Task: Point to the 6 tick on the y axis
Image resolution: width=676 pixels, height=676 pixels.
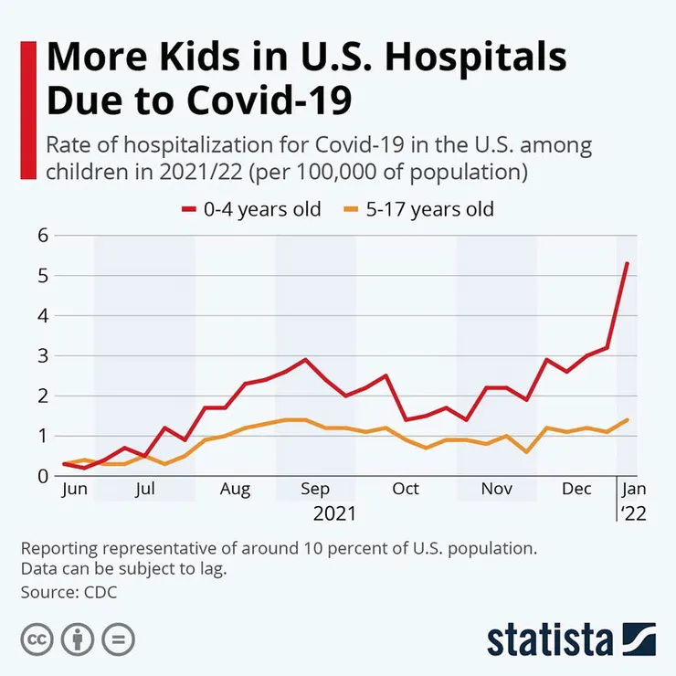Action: (x=41, y=235)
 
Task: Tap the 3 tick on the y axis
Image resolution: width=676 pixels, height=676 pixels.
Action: (x=41, y=355)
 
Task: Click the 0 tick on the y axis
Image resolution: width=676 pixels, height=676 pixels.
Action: (x=41, y=476)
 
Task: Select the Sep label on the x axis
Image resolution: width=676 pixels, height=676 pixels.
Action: (x=315, y=489)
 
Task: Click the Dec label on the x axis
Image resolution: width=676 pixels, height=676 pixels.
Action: (x=576, y=489)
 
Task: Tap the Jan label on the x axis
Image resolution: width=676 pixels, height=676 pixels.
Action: (x=633, y=489)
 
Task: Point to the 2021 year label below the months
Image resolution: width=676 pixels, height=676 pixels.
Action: (x=335, y=513)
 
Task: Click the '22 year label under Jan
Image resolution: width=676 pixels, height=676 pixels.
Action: (x=633, y=513)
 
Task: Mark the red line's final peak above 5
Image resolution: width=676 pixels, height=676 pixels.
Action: (x=627, y=263)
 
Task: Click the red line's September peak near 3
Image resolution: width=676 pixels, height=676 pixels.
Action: (x=305, y=359)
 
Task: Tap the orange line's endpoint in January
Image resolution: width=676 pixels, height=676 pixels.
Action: (x=627, y=419)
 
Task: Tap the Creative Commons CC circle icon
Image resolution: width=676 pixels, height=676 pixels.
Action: (x=37, y=638)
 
